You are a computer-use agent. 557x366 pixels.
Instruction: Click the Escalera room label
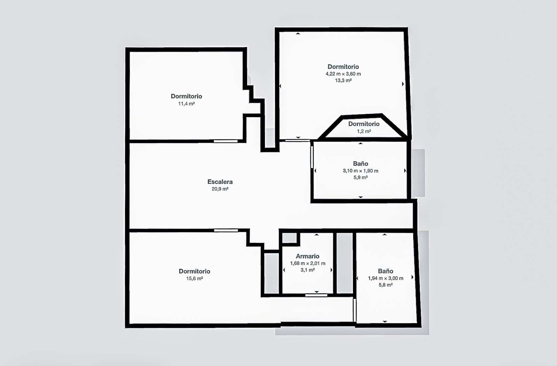pyautogui.click(x=220, y=182)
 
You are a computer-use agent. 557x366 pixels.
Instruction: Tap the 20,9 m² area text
pyautogui.click(x=220, y=189)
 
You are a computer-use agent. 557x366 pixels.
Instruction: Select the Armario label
pyautogui.click(x=307, y=256)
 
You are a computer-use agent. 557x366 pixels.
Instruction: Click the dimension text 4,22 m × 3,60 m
pyautogui.click(x=343, y=74)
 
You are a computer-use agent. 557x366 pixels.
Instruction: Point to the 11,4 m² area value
pyautogui.click(x=186, y=104)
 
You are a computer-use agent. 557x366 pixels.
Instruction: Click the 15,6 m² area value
pyautogui.click(x=194, y=279)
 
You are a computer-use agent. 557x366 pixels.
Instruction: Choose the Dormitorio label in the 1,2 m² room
pyautogui.click(x=364, y=124)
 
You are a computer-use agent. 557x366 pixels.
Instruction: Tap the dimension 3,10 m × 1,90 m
pyautogui.click(x=360, y=171)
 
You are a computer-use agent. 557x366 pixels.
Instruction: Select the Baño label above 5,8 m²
pyautogui.click(x=385, y=271)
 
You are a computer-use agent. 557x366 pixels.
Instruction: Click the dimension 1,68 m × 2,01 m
pyautogui.click(x=307, y=264)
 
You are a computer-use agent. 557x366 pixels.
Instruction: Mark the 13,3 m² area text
pyautogui.click(x=343, y=80)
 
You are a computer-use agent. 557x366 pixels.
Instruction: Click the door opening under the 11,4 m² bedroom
pyautogui.click(x=226, y=141)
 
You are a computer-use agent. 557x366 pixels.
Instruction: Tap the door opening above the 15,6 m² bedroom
pyautogui.click(x=226, y=230)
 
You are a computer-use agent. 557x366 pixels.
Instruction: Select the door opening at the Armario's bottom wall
pyautogui.click(x=316, y=295)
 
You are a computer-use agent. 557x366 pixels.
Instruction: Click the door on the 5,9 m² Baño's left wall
pyautogui.click(x=312, y=157)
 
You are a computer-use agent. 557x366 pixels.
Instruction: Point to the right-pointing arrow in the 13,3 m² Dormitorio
pyautogui.click(x=403, y=84)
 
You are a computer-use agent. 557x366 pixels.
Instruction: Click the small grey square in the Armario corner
pyautogui.click(x=289, y=238)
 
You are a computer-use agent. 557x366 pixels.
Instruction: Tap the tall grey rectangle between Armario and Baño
pyautogui.click(x=344, y=263)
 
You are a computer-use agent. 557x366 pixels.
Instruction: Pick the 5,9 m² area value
pyautogui.click(x=360, y=178)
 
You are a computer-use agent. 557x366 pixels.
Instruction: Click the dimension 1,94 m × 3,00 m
pyautogui.click(x=385, y=278)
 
